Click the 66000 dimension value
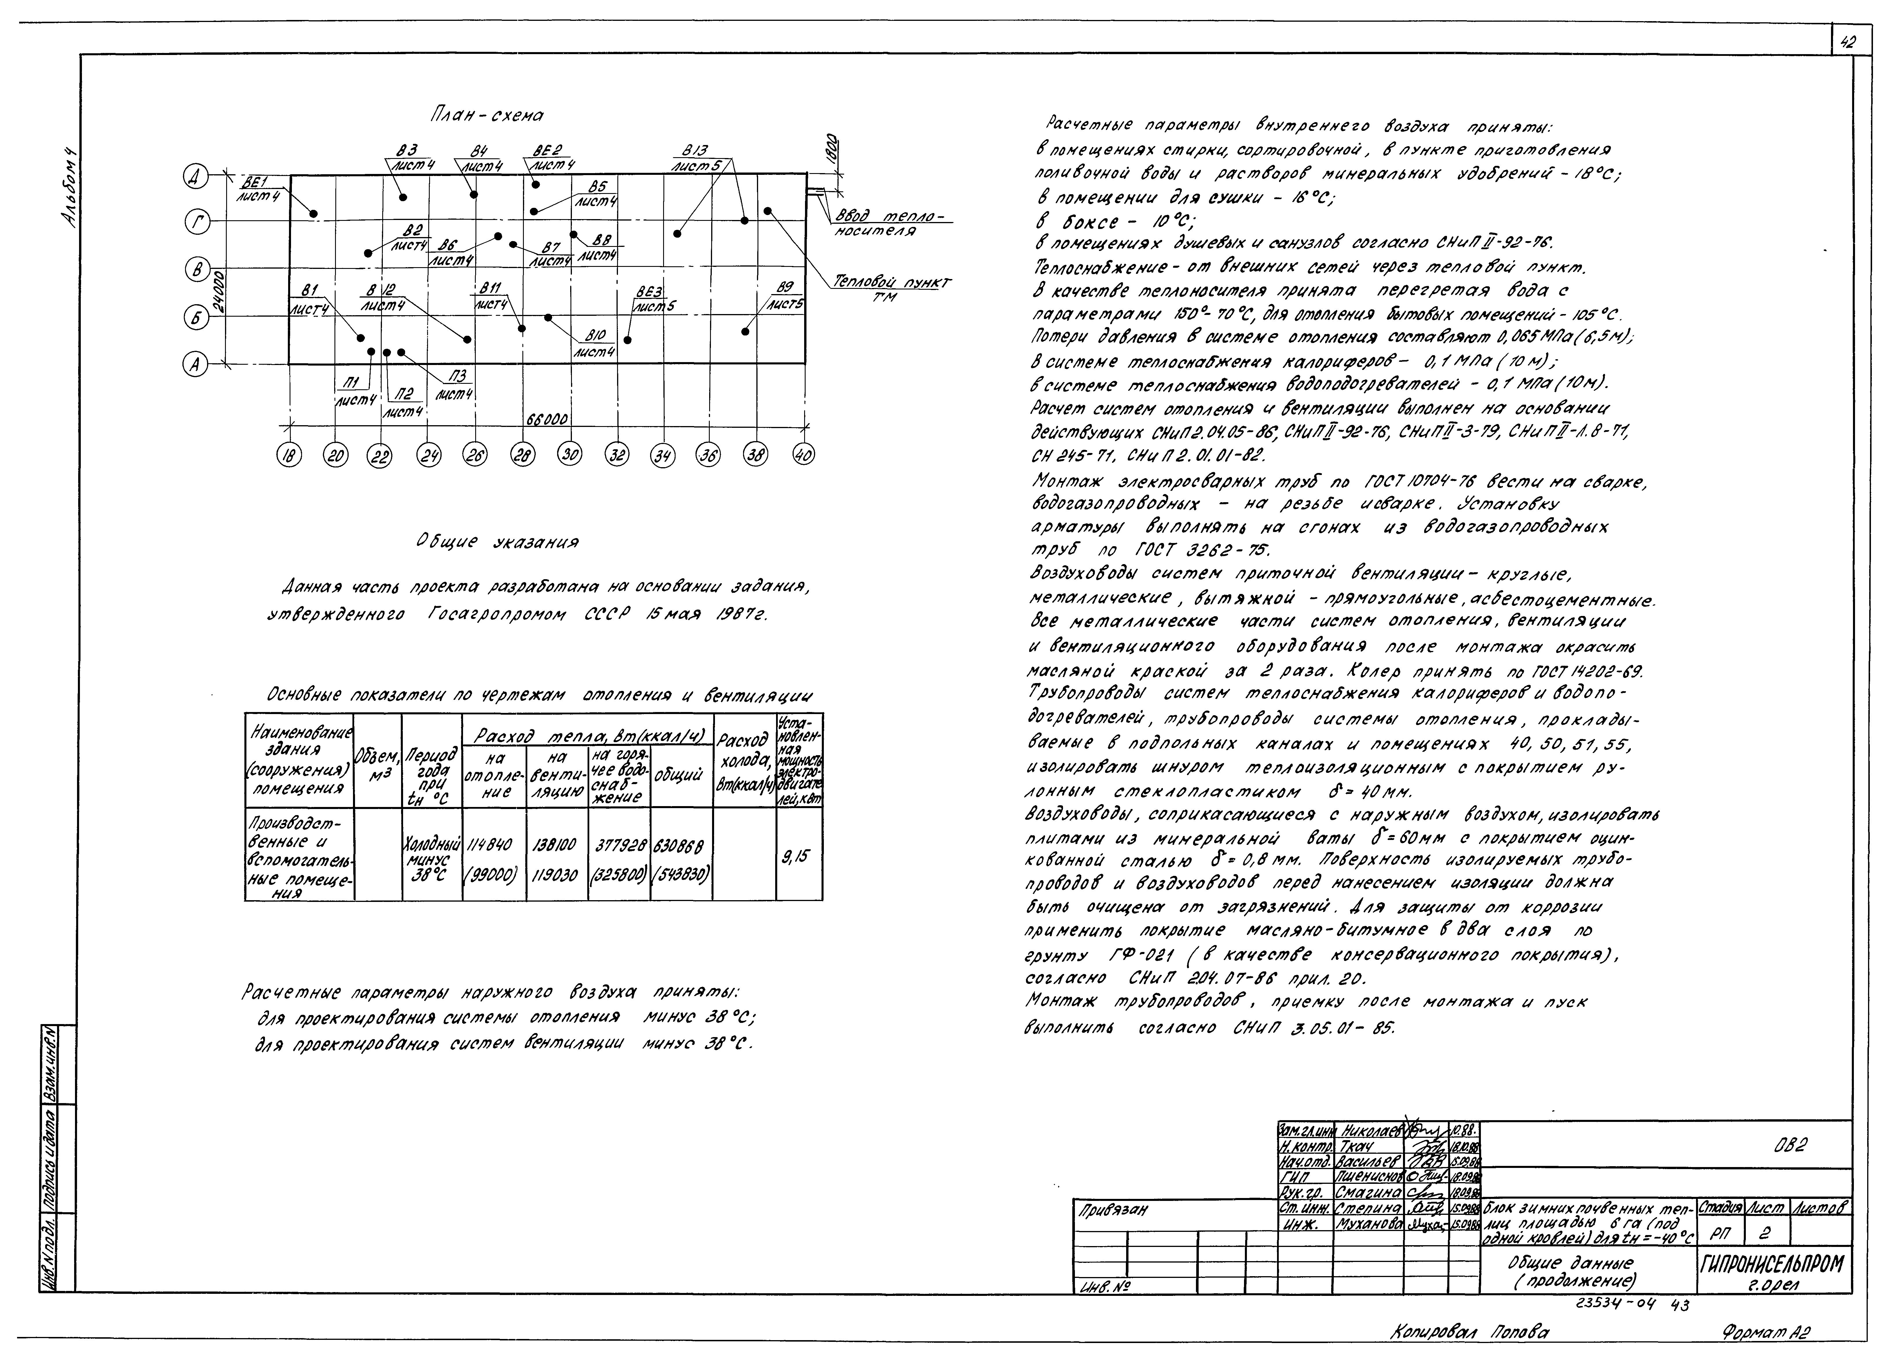(548, 418)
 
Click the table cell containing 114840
(493, 845)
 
